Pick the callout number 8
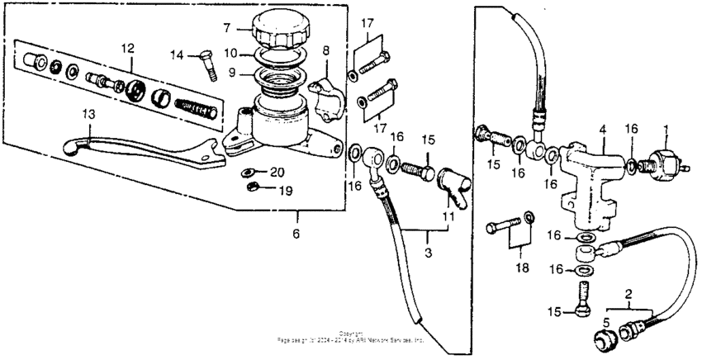click(x=325, y=50)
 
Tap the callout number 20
click(x=277, y=171)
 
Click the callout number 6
click(x=296, y=234)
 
